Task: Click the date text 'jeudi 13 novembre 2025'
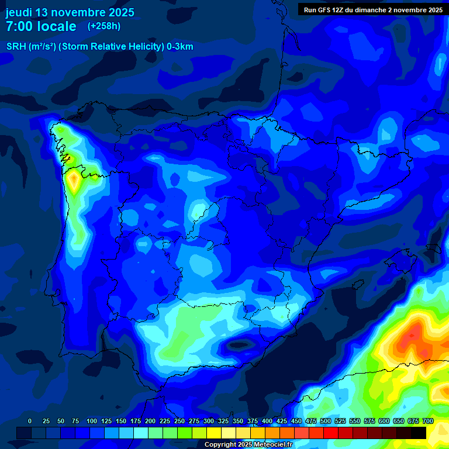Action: [x=70, y=12]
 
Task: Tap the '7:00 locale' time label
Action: [x=41, y=26]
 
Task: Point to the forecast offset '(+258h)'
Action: [x=103, y=26]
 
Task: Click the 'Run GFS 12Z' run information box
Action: [x=373, y=10]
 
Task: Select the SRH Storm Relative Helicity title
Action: [x=99, y=47]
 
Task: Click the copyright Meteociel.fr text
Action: [x=248, y=445]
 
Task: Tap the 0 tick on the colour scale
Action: [x=30, y=421]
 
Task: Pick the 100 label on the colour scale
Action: [x=92, y=421]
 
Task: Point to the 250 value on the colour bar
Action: [x=179, y=421]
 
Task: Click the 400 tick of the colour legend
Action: [x=267, y=421]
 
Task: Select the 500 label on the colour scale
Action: [x=326, y=421]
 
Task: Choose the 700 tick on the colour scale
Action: [x=428, y=421]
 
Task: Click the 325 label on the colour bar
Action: [x=223, y=421]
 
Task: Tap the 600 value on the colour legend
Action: [x=384, y=421]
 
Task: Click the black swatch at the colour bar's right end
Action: [x=419, y=433]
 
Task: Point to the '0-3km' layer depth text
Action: [x=180, y=47]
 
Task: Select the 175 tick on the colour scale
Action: [x=136, y=421]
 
